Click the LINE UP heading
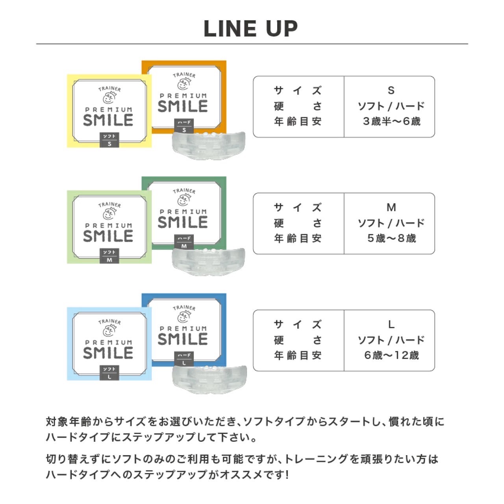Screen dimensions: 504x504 click(x=250, y=28)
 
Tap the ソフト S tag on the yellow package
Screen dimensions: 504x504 click(x=109, y=140)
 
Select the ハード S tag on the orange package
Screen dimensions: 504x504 click(x=184, y=126)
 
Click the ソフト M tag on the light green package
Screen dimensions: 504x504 click(x=109, y=256)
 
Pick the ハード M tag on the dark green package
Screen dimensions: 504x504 click(x=184, y=242)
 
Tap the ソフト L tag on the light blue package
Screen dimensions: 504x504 click(x=109, y=373)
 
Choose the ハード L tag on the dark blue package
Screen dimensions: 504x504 click(x=184, y=359)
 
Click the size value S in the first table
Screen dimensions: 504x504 click(x=391, y=91)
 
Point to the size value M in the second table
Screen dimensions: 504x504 click(x=391, y=208)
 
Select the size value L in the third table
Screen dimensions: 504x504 click(x=391, y=324)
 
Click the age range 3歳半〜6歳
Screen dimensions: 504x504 click(x=391, y=121)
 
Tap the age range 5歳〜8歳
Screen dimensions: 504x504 click(x=391, y=238)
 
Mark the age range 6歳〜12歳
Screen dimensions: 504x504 click(x=391, y=355)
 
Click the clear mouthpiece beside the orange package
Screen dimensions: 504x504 click(x=208, y=145)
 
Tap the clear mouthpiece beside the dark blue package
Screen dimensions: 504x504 click(x=209, y=378)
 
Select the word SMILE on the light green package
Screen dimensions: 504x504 click(x=108, y=236)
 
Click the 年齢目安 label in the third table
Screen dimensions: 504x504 click(x=298, y=355)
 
